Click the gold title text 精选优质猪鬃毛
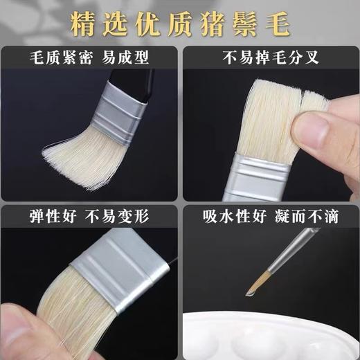coord(180,23)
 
